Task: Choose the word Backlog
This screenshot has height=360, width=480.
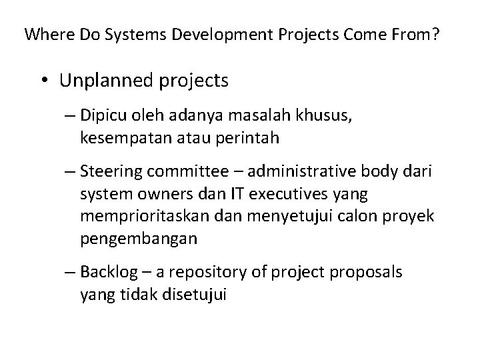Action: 105,271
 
